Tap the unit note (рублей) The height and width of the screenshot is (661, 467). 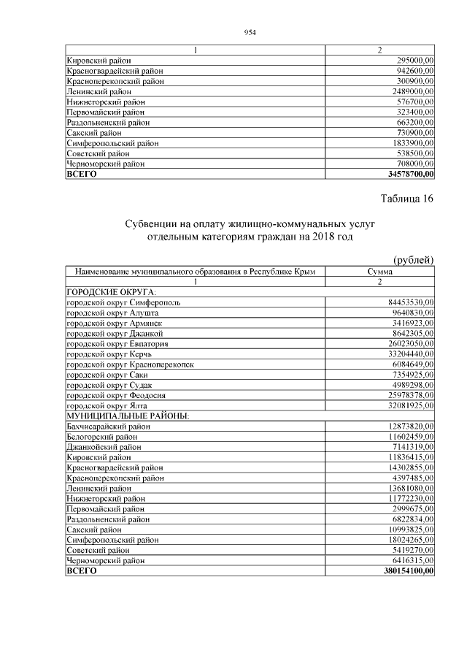(x=414, y=261)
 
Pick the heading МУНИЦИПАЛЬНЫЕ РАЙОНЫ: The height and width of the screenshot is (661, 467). (x=127, y=416)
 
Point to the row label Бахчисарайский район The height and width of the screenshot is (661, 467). (x=109, y=426)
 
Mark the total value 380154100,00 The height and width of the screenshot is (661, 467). (x=404, y=570)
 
